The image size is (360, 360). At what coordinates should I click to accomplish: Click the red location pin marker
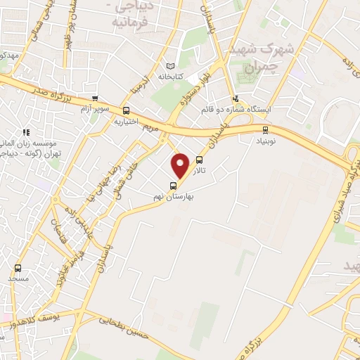181,165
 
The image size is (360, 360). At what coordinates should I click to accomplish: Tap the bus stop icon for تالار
200,160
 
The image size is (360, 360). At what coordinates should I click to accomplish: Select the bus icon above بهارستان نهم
173,186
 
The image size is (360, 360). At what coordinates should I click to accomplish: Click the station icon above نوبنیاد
265,129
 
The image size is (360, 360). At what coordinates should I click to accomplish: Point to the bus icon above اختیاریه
126,110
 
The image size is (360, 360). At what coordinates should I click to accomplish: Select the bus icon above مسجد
18,268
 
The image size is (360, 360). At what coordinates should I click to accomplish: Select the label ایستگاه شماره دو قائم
236,109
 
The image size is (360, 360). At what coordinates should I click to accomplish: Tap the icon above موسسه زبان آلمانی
26,131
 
